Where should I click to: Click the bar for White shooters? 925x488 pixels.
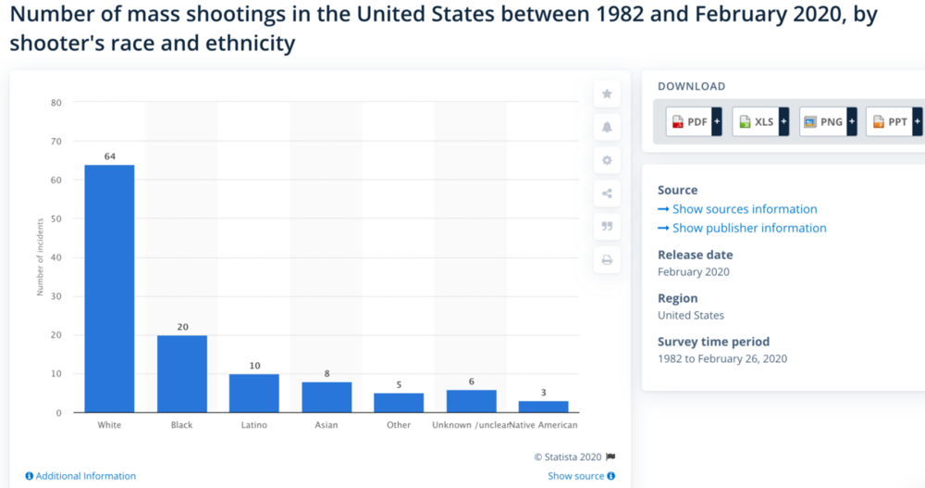click(x=109, y=288)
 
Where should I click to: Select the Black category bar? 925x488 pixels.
click(x=181, y=373)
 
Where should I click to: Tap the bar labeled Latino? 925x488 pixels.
click(x=254, y=393)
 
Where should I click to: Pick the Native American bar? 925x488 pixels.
click(x=544, y=407)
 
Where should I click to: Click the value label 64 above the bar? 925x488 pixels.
click(x=109, y=156)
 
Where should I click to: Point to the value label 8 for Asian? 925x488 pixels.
click(x=327, y=373)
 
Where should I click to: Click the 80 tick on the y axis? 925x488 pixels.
click(x=55, y=103)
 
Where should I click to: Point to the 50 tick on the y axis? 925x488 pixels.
click(x=55, y=219)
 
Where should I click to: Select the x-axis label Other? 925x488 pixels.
click(x=399, y=425)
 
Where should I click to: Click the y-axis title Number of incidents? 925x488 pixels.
click(x=41, y=258)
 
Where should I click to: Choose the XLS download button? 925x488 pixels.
click(x=759, y=121)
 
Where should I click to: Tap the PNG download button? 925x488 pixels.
click(x=826, y=121)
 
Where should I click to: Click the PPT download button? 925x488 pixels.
click(x=893, y=121)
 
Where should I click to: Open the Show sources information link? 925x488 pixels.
click(x=744, y=209)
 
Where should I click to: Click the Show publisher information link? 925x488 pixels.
click(x=748, y=228)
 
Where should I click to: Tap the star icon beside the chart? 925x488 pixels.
click(x=607, y=94)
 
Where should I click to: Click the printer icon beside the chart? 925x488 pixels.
click(x=607, y=260)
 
